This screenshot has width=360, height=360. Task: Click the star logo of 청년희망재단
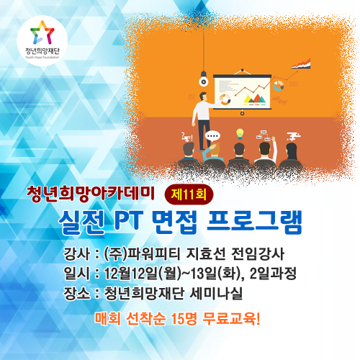[x=42, y=33]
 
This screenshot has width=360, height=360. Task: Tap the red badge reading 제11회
[x=189, y=194]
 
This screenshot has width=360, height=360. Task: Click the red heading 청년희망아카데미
[x=91, y=194]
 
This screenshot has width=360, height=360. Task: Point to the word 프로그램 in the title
[x=255, y=222]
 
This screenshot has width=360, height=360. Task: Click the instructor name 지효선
[x=206, y=254]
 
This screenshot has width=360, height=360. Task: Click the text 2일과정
[x=273, y=274]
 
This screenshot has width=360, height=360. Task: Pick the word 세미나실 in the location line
[x=216, y=293]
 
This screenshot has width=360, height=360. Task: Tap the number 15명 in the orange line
[x=184, y=319]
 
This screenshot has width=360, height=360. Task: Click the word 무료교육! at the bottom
[x=231, y=319]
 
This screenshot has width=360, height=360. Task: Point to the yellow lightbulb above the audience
[x=240, y=134]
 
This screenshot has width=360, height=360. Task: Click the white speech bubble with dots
[x=212, y=137]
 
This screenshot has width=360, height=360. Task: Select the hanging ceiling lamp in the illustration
[x=204, y=78]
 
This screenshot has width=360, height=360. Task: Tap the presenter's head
[x=203, y=96]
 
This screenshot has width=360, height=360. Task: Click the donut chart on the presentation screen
[x=225, y=99]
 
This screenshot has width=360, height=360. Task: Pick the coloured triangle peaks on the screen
[x=254, y=99]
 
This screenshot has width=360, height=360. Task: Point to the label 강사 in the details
[x=77, y=254]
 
